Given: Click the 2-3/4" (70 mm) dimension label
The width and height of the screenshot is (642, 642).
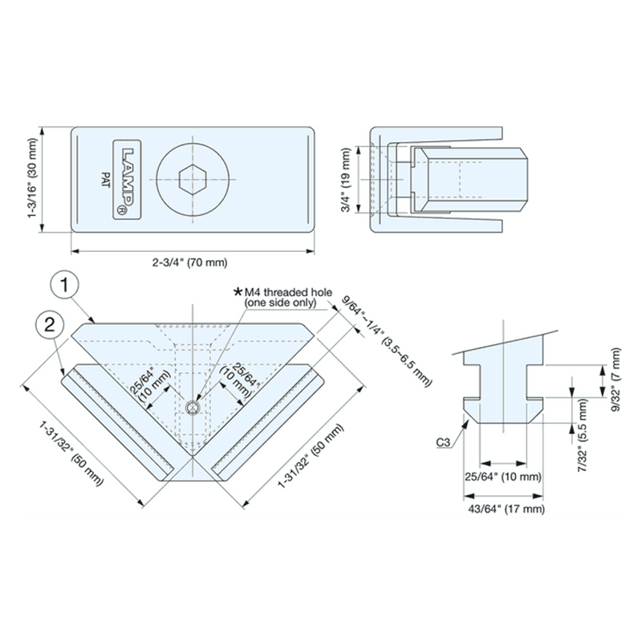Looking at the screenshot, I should point(191,262).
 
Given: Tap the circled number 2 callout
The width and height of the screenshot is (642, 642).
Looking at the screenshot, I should point(49,325).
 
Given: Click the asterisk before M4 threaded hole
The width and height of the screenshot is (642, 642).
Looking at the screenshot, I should point(237,290).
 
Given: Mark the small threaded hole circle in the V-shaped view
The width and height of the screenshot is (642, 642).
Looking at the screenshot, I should point(191,409).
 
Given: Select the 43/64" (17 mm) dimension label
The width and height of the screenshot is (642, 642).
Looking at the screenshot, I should point(506,509).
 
